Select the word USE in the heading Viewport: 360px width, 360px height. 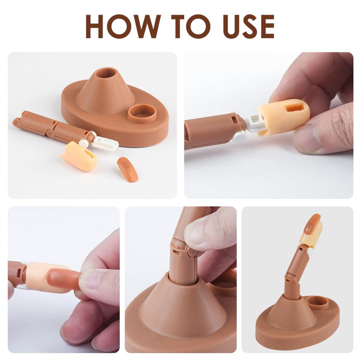(248, 26)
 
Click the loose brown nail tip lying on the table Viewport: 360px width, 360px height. (128, 169)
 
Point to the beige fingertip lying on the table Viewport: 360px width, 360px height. (80, 156)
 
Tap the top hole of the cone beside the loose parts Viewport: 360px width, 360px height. (105, 73)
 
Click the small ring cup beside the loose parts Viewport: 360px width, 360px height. (142, 113)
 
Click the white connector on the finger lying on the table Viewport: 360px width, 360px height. (105, 144)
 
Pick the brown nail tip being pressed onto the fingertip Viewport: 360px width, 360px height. (62, 277)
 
